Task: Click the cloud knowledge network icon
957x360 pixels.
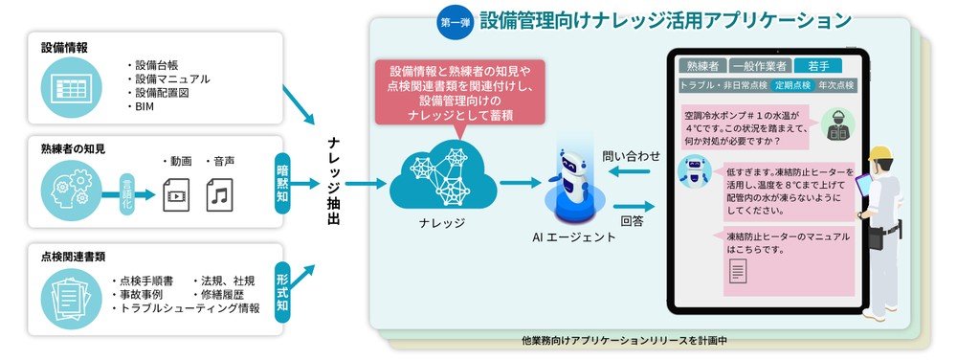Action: (442, 177)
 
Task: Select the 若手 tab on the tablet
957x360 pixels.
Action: (818, 65)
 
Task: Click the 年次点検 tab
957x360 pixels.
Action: (837, 85)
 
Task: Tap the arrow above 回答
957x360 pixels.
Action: (629, 205)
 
